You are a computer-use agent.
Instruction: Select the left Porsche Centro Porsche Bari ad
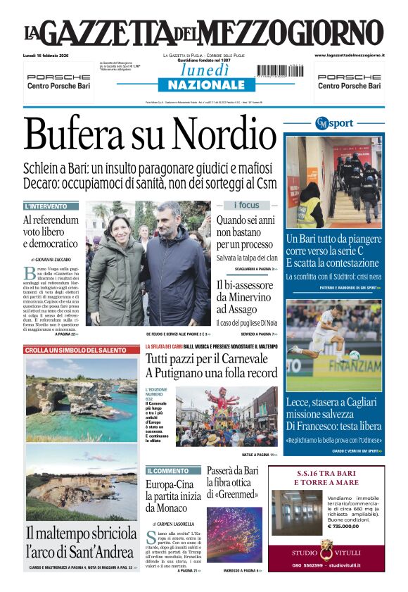pos(58,81)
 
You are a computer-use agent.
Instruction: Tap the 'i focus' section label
pos(246,206)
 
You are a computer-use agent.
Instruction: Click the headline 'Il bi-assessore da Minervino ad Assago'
pos(245,296)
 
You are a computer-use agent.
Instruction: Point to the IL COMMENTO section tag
pos(168,470)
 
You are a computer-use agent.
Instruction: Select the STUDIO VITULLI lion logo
pos(326,549)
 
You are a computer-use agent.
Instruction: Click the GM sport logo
pos(334,123)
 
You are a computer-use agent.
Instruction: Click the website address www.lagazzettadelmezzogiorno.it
pos(350,55)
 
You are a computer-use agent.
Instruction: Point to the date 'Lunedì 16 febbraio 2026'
pos(55,55)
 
